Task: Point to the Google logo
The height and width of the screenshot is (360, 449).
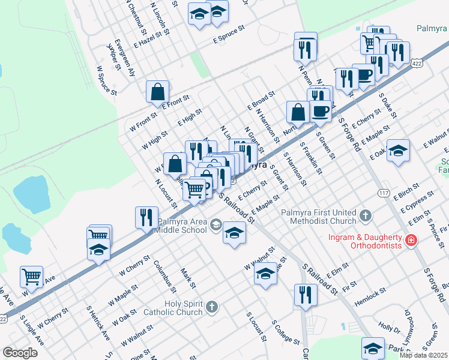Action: tap(20, 353)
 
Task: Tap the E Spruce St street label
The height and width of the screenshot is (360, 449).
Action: tap(229, 34)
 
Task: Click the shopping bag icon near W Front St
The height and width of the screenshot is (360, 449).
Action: tap(157, 92)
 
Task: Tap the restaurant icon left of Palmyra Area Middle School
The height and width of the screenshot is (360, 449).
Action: tap(146, 218)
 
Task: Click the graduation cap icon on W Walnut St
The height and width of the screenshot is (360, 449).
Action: tap(265, 274)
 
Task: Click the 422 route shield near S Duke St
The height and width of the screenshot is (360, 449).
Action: tap(416, 62)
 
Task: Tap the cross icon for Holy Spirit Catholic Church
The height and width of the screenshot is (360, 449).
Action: tap(211, 308)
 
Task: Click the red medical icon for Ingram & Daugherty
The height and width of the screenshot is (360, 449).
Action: tap(411, 241)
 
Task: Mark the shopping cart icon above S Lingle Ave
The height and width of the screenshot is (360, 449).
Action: tap(31, 277)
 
